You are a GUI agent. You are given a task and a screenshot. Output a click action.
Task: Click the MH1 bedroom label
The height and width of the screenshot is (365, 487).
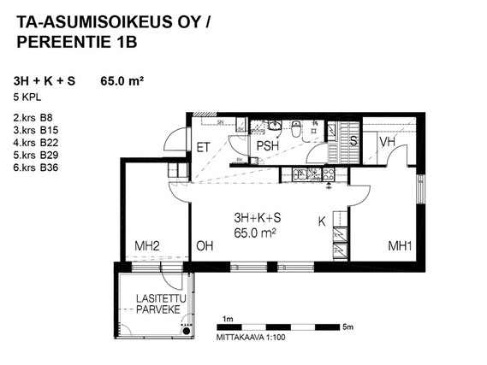point(400,246)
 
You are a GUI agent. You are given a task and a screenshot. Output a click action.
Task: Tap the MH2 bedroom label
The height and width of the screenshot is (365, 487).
point(147,246)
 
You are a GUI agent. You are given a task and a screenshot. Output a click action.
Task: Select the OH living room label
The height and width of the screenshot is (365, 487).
point(205,246)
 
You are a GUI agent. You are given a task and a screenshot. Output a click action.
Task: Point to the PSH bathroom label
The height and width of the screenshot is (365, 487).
point(267,146)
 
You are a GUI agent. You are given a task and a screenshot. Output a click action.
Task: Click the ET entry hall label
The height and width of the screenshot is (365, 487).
point(204,148)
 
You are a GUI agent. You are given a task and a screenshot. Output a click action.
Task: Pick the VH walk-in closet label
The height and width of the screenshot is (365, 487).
point(388,142)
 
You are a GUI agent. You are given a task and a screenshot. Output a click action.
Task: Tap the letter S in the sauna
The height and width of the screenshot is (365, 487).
point(353,141)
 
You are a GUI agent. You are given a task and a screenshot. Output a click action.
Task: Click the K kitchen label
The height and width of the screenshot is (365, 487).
point(322,221)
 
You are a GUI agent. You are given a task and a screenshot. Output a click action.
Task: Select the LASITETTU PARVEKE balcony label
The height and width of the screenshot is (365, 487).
point(161,304)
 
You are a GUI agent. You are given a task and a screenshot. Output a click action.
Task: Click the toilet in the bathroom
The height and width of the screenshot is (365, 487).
point(296,129)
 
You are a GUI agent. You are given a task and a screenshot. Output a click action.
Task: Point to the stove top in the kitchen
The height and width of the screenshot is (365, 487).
point(329,174)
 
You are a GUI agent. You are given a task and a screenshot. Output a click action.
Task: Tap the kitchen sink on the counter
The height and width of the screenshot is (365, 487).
point(299,174)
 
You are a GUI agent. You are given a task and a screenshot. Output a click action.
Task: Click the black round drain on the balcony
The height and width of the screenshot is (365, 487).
point(186,331)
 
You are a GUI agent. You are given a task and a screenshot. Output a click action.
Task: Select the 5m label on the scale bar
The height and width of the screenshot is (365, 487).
point(347,327)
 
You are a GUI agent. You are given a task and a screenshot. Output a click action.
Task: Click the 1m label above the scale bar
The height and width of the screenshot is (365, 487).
point(228,319)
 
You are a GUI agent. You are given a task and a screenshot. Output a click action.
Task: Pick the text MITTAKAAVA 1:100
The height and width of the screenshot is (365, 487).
point(251,338)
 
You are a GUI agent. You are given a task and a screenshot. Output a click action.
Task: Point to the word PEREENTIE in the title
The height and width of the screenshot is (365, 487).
point(62,42)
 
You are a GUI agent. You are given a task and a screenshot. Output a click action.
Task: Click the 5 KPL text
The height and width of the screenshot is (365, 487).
point(27,97)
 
